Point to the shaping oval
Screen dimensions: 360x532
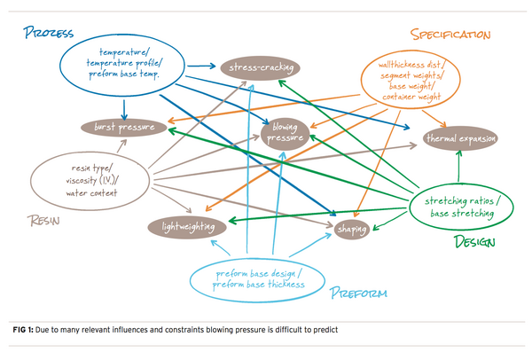point(353,230)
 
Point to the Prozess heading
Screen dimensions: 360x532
point(49,34)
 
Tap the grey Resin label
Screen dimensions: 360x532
point(37,222)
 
